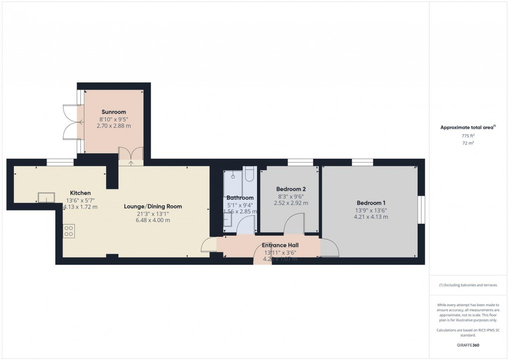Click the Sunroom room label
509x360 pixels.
[x=114, y=112]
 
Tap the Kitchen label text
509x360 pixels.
[x=80, y=193]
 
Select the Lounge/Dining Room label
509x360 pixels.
[x=153, y=206]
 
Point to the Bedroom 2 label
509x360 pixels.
[x=291, y=189]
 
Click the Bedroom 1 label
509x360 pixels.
[x=371, y=203]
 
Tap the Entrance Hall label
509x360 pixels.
[x=280, y=245]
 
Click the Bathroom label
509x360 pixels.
[x=240, y=198]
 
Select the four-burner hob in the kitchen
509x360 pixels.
[x=69, y=231]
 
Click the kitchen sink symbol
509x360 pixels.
[x=46, y=197]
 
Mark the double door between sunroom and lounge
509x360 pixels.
[x=131, y=154]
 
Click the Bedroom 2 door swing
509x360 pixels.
[x=294, y=223]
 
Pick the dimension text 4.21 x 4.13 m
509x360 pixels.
[x=371, y=217]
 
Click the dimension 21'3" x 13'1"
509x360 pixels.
[x=153, y=213]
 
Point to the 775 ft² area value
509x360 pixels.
[x=468, y=136]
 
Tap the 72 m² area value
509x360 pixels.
[x=468, y=143]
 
